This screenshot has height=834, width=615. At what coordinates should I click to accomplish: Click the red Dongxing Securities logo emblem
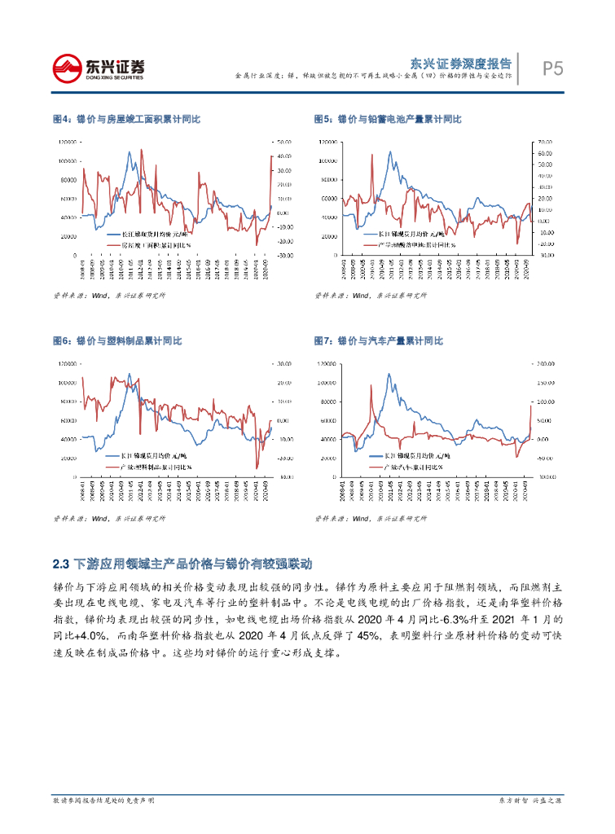click(68, 67)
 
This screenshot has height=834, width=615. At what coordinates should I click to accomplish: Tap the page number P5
click(553, 69)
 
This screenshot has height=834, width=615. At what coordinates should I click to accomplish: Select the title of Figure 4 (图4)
click(126, 120)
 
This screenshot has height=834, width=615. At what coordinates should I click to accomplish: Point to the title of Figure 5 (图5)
click(388, 120)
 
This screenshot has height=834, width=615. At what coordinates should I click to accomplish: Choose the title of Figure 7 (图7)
click(378, 341)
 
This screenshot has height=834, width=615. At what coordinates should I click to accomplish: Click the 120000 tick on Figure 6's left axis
click(68, 363)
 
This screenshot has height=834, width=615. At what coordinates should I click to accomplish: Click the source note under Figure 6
click(108, 518)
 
